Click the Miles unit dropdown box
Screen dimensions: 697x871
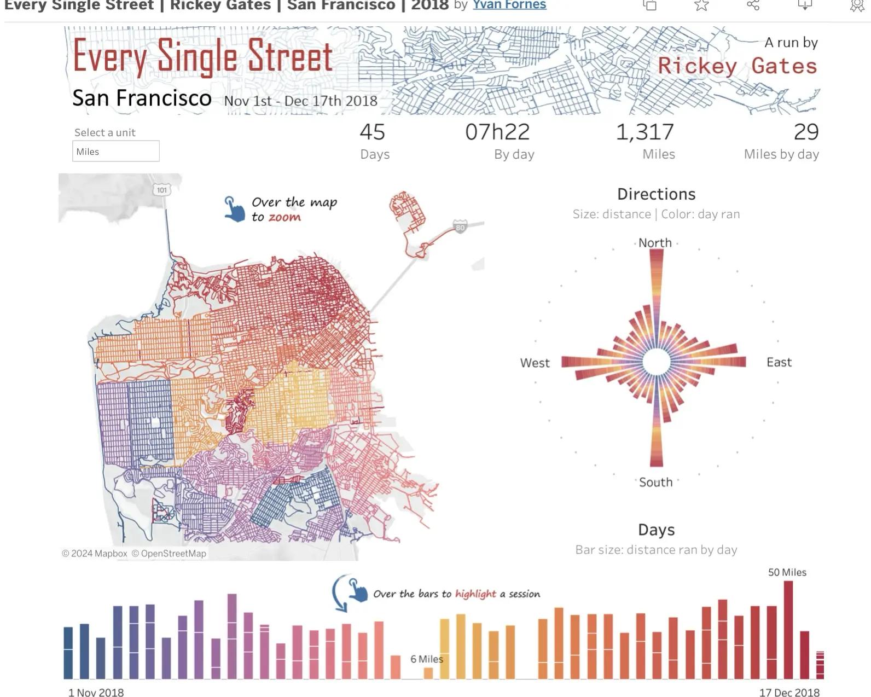115,152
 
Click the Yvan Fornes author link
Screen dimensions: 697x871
509,5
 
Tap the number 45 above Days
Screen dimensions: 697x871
372,132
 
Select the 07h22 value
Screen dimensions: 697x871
497,132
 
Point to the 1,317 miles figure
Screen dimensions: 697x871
644,132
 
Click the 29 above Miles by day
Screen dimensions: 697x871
806,132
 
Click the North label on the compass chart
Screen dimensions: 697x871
655,243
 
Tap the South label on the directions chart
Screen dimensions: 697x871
655,482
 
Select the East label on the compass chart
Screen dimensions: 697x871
779,362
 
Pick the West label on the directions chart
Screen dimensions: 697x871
535,363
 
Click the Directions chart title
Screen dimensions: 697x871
656,194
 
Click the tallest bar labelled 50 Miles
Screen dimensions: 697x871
788,629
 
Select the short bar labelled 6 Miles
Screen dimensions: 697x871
428,673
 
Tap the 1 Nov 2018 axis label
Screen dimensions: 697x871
96,693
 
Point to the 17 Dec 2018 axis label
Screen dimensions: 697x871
789,693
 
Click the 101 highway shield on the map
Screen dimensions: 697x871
161,190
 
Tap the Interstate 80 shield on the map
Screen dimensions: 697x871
460,228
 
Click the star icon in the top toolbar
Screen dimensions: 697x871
701,5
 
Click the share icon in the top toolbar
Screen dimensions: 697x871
753,5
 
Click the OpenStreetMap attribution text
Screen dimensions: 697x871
173,554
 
